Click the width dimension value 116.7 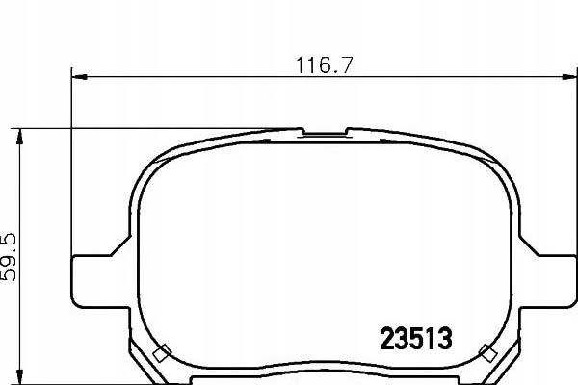point(322,66)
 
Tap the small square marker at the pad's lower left point(162,351)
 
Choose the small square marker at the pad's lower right point(486,351)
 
